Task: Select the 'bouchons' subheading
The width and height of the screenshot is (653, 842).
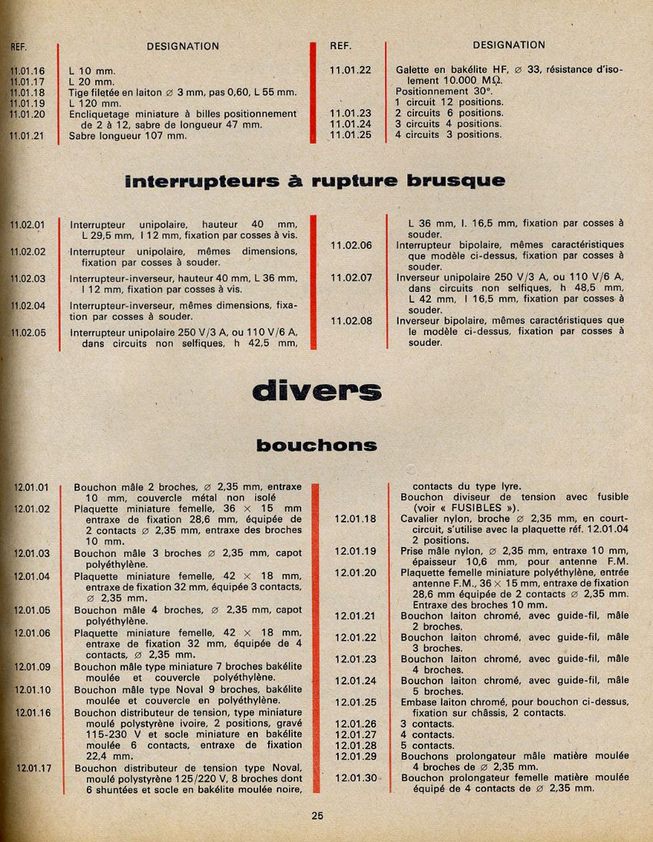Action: coord(317,446)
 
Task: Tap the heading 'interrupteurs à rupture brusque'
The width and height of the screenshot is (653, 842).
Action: coord(315,181)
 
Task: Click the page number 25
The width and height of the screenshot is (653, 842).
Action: coord(317,816)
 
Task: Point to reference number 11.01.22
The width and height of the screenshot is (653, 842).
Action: coord(350,70)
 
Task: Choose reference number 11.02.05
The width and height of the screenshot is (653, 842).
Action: coord(28,333)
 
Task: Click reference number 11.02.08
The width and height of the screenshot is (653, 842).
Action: coord(350,321)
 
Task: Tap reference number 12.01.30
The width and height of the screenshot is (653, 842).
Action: coord(356,777)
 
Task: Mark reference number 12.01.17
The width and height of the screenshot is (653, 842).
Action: coord(35,767)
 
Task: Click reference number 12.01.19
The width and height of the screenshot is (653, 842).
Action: coord(356,551)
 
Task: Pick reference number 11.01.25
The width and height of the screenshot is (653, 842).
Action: coord(350,134)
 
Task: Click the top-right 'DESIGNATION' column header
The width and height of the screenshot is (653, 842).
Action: coord(509,45)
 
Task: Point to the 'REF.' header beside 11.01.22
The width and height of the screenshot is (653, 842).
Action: coord(340,45)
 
